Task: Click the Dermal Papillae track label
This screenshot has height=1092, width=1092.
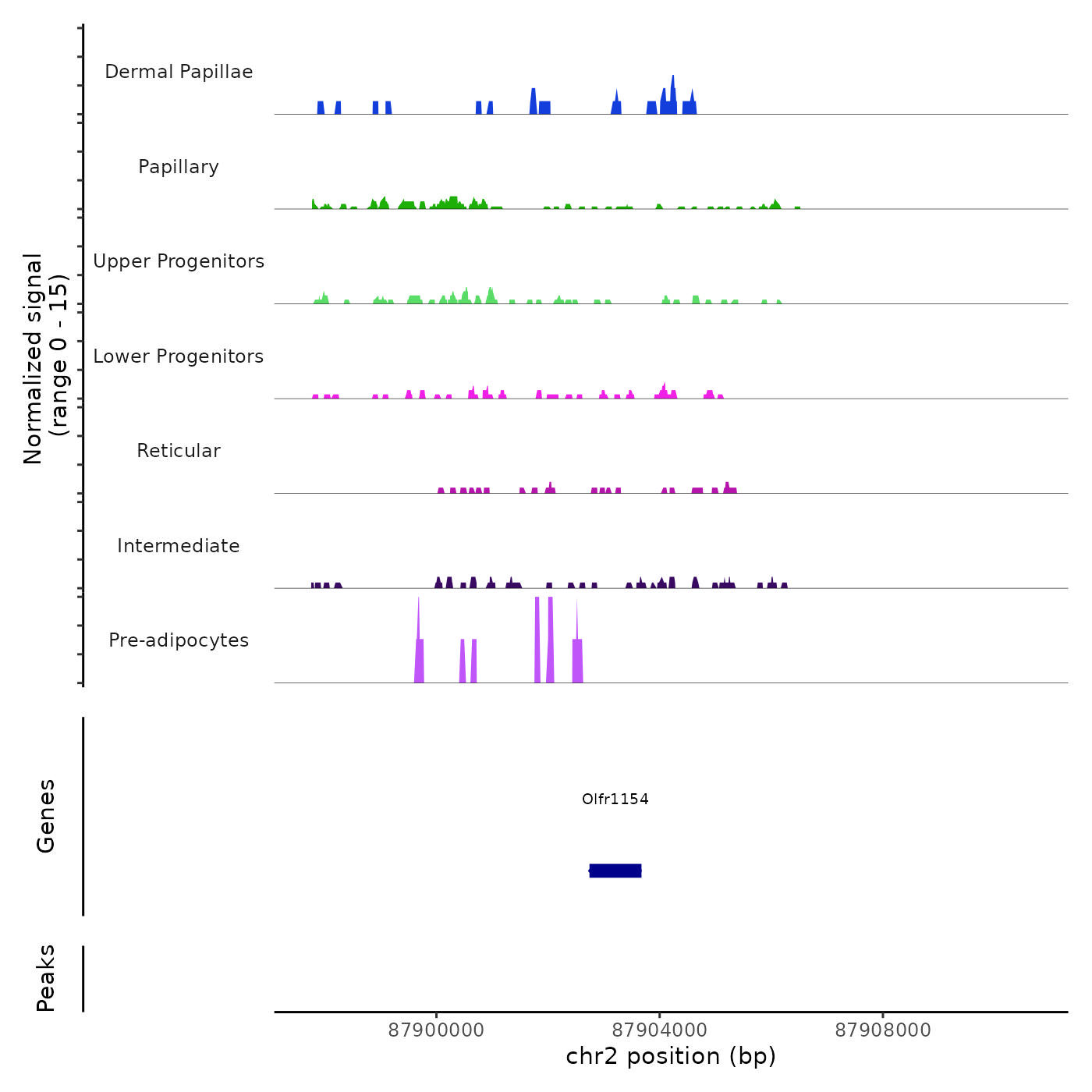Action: tap(179, 72)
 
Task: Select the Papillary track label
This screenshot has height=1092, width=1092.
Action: tap(179, 167)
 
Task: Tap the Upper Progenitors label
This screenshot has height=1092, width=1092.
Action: tap(179, 261)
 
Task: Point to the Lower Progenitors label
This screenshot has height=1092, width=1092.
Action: tap(179, 356)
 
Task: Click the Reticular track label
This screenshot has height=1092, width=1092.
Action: tap(179, 451)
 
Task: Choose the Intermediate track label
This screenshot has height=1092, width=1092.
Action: tap(179, 546)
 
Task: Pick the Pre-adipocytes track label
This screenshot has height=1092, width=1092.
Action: tap(179, 640)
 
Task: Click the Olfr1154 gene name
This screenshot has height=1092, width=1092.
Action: tap(615, 799)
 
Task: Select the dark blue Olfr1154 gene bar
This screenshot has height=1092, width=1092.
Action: tap(615, 870)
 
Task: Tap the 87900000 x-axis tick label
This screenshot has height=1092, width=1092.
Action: tap(436, 1030)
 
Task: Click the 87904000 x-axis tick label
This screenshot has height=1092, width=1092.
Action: tap(660, 1030)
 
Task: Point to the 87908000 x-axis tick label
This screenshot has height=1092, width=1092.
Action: tap(883, 1030)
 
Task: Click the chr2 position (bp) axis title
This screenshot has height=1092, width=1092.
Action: tap(671, 1056)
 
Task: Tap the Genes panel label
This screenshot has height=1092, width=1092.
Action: tap(46, 816)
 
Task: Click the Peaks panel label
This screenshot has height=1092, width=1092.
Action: tap(46, 978)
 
